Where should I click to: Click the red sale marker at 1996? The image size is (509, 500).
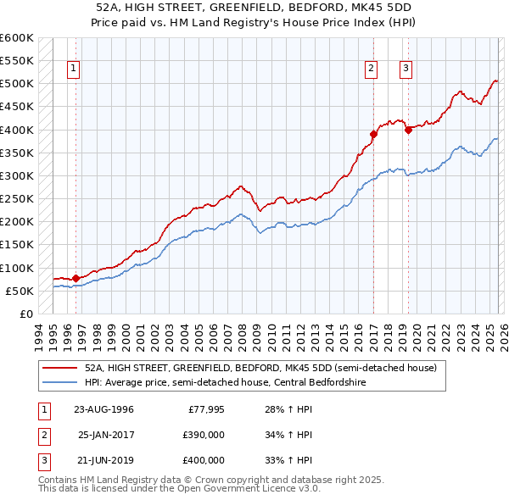pyautogui.click(x=76, y=277)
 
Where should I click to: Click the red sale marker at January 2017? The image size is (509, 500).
pyautogui.click(x=372, y=134)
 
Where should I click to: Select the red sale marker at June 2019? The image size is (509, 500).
pyautogui.click(x=408, y=130)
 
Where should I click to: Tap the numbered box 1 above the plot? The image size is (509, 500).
pyautogui.click(x=74, y=69)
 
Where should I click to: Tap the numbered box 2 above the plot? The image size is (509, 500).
pyautogui.click(x=372, y=69)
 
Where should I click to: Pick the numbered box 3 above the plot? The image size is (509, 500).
pyautogui.click(x=406, y=69)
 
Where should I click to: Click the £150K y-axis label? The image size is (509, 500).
pyautogui.click(x=16, y=245)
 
